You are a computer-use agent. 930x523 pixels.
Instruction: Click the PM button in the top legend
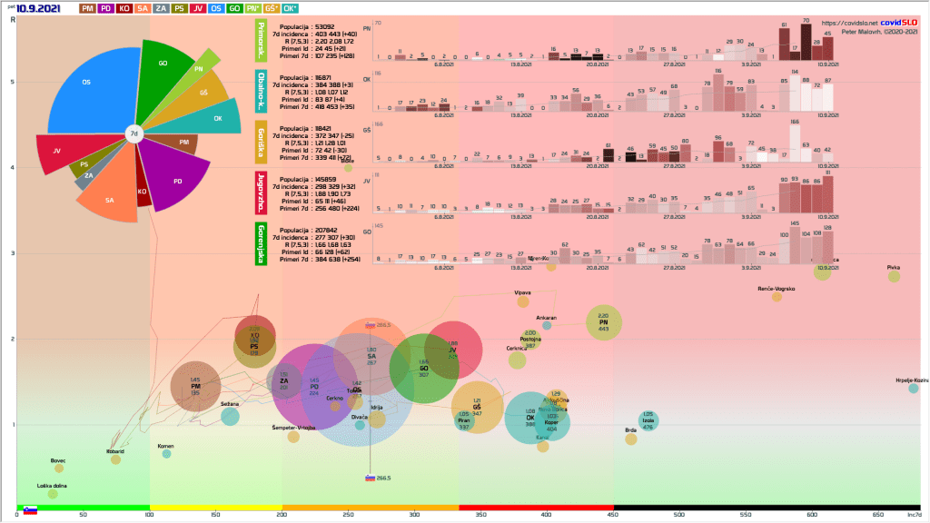(88, 8)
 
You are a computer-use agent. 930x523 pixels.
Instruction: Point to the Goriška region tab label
(262, 143)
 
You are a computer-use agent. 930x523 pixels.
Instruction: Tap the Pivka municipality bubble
(894, 275)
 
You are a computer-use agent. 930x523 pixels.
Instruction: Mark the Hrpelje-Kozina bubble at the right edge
(914, 388)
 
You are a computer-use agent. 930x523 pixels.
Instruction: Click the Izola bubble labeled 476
(648, 420)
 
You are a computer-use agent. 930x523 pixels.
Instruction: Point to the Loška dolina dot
(52, 494)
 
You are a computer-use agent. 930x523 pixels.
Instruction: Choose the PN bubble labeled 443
(604, 322)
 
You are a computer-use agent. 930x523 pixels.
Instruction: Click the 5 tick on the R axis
(11, 82)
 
